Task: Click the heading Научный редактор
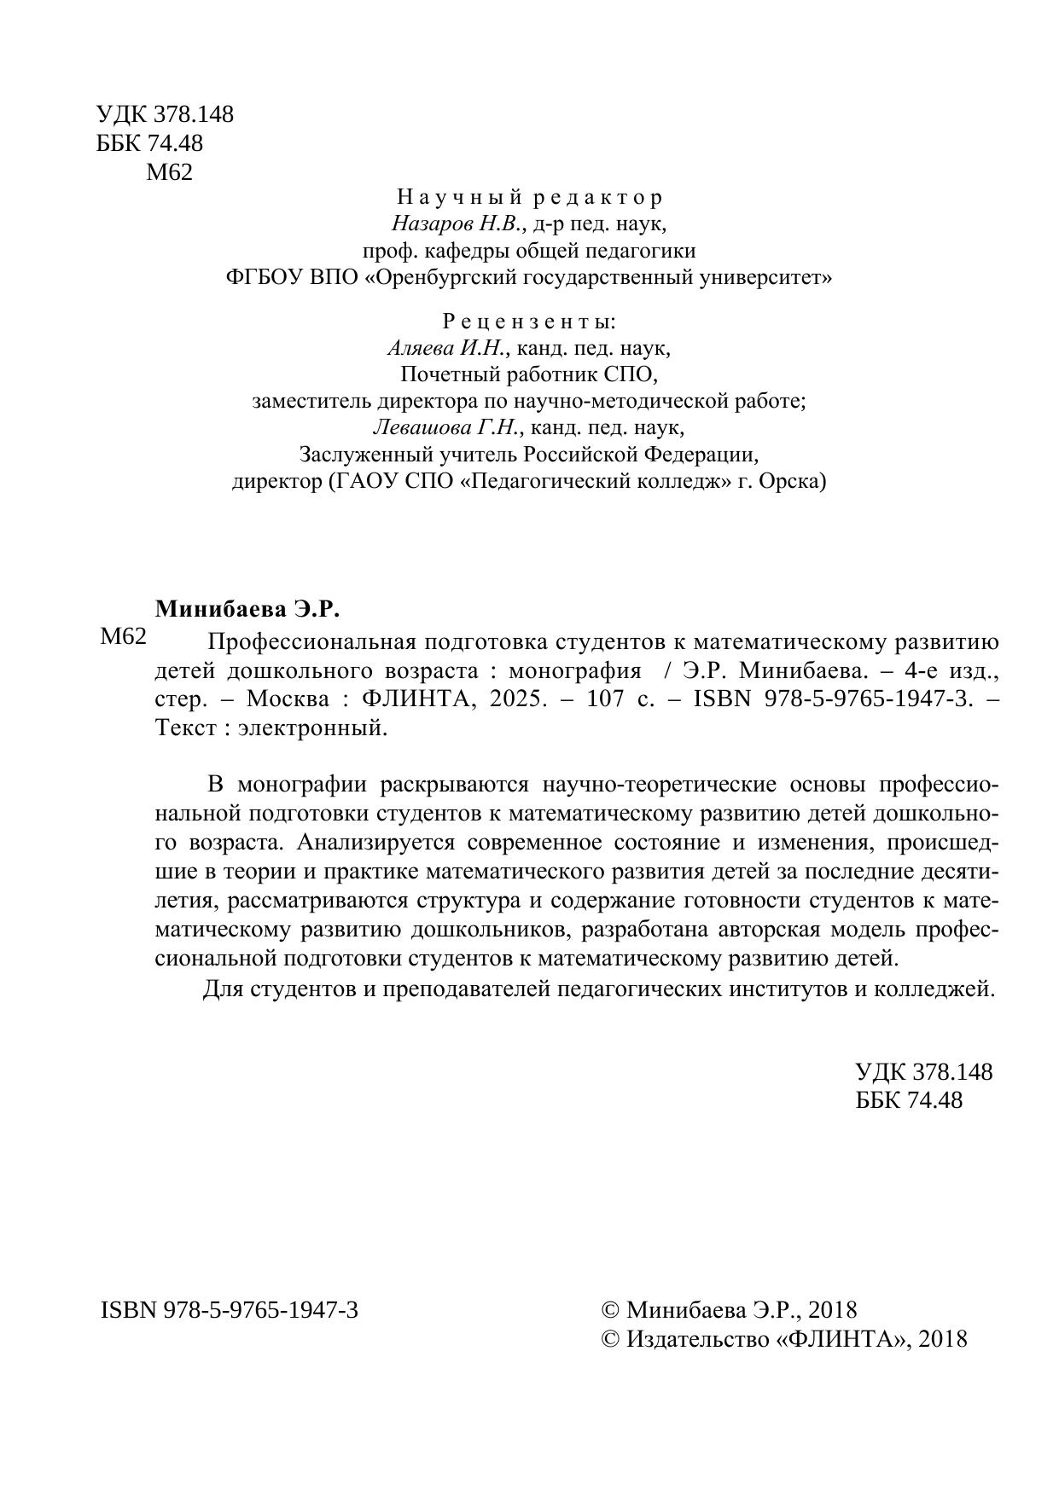529,198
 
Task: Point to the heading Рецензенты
528,322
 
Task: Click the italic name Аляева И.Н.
448,348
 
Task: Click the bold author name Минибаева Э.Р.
247,610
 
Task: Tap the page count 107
608,699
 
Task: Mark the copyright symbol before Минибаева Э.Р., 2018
610,1310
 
